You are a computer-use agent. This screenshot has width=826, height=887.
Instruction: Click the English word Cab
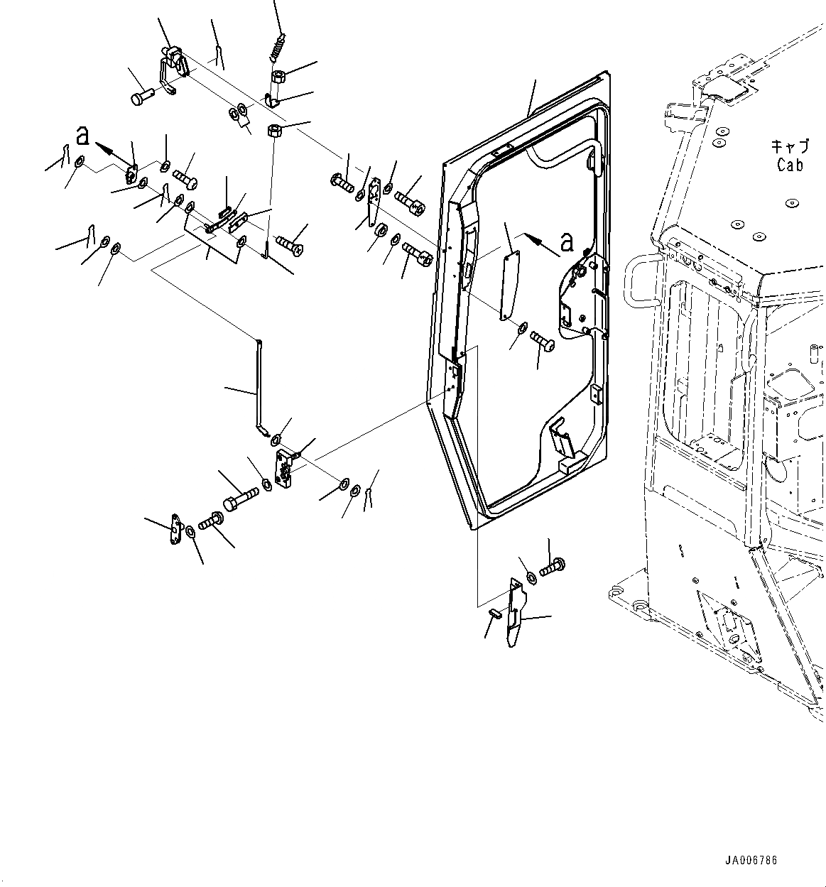pyautogui.click(x=790, y=165)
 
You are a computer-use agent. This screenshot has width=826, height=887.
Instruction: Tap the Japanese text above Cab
pyautogui.click(x=790, y=146)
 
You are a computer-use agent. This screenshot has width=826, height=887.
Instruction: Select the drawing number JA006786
pyautogui.click(x=751, y=860)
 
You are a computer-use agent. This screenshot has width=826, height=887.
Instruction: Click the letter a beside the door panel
pyautogui.click(x=566, y=242)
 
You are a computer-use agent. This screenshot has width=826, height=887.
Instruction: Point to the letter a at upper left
pyautogui.click(x=83, y=135)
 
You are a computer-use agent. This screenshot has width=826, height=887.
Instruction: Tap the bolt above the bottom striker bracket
pyautogui.click(x=552, y=568)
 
